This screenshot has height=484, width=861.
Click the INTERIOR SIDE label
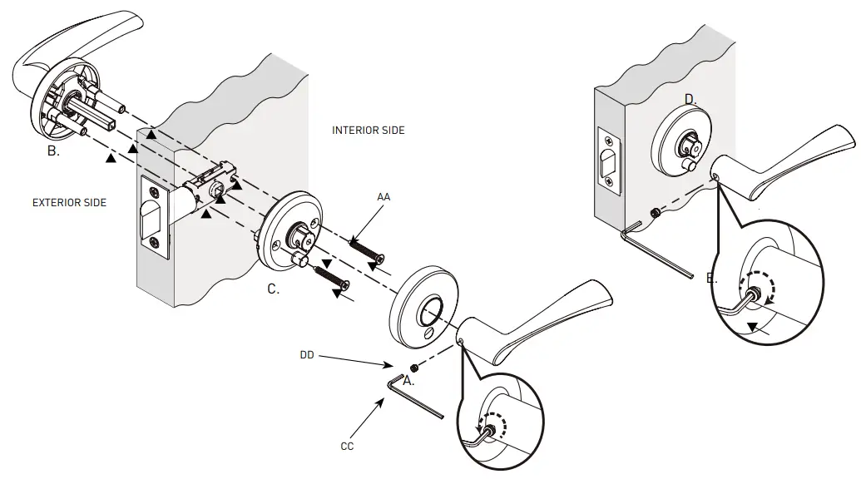[368, 131]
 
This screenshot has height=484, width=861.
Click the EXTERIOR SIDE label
[69, 202]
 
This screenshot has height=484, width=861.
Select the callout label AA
[383, 197]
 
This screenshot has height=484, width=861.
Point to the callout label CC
[347, 446]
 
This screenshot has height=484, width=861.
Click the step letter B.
[53, 152]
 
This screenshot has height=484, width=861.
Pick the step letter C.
[273, 289]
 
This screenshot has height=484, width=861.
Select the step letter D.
[690, 100]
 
